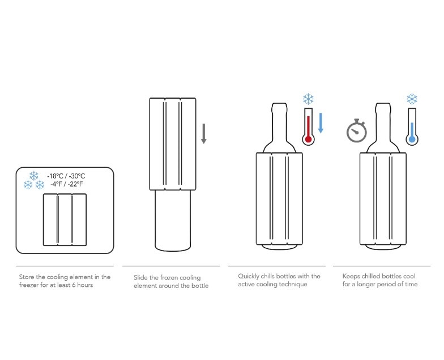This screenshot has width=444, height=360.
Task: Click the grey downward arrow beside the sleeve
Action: [x=204, y=134]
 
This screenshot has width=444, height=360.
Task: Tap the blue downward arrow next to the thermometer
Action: [x=321, y=122]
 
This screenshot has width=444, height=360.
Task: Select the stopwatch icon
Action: [x=357, y=130]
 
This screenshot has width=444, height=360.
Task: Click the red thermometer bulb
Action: [x=308, y=139]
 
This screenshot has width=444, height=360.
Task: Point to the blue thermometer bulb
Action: [x=412, y=139]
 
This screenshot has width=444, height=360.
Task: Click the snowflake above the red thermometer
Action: [x=308, y=99]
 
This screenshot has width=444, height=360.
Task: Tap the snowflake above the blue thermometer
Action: [x=412, y=99]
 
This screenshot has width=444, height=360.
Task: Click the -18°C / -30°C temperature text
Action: [x=66, y=176]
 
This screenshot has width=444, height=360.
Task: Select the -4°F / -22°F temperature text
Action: [x=67, y=184]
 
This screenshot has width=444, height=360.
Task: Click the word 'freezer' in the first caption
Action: [x=29, y=285]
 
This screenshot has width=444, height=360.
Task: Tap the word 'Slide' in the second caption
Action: [x=140, y=278]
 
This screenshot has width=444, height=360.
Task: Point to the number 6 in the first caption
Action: [x=74, y=285]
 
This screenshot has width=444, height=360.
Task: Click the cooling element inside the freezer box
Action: [x=65, y=220]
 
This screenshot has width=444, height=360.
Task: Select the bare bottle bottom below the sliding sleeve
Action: [x=173, y=221]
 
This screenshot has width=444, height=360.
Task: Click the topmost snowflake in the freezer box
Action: [x=34, y=176]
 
